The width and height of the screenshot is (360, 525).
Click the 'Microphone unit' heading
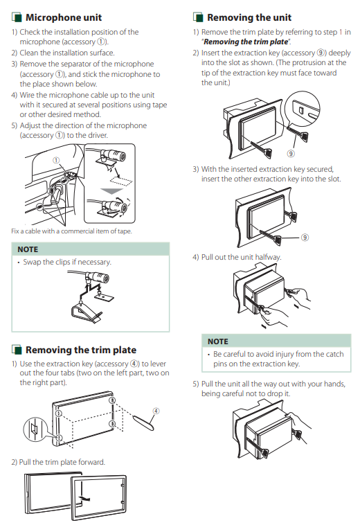[64, 17]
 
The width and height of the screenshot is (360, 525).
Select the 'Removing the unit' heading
[249, 17]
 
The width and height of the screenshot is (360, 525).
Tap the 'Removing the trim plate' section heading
[81, 350]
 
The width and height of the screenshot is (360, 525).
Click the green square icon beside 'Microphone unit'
[17, 17]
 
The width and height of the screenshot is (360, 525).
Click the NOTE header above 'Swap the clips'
[28, 249]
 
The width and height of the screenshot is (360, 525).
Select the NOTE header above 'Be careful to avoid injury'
[218, 341]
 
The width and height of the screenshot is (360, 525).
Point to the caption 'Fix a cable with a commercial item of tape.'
[71, 231]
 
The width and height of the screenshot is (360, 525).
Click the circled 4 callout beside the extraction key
[156, 411]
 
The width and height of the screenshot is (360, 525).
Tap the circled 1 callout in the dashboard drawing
[56, 161]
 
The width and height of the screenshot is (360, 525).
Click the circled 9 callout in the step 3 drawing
[305, 238]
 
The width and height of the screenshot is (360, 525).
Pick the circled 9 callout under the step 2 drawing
[291, 154]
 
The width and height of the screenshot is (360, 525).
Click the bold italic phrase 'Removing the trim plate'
[246, 42]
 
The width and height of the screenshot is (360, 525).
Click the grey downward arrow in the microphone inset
[112, 190]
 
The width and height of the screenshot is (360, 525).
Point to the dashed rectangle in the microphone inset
[121, 181]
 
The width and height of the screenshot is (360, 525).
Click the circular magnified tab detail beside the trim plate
[35, 429]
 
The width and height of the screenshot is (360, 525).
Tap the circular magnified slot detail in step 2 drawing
[302, 109]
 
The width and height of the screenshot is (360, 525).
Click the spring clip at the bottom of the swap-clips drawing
[87, 312]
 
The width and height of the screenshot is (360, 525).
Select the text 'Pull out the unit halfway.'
[241, 257]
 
